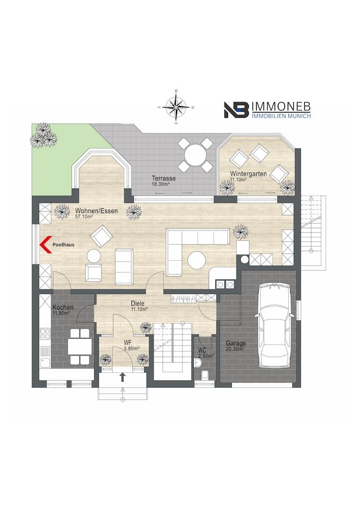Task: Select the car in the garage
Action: click(x=275, y=325)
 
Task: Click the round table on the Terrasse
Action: click(x=196, y=154)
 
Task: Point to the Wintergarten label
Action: click(x=248, y=174)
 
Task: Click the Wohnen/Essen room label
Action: click(x=97, y=211)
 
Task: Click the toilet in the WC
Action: click(x=205, y=375)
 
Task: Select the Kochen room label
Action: click(x=63, y=307)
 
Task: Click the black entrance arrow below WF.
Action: click(x=123, y=377)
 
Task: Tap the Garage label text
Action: click(x=236, y=343)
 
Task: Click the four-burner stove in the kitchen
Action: click(x=45, y=334)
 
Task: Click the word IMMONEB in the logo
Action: click(x=281, y=107)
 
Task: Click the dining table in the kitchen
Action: click(x=79, y=346)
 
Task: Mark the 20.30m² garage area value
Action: click(x=235, y=349)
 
